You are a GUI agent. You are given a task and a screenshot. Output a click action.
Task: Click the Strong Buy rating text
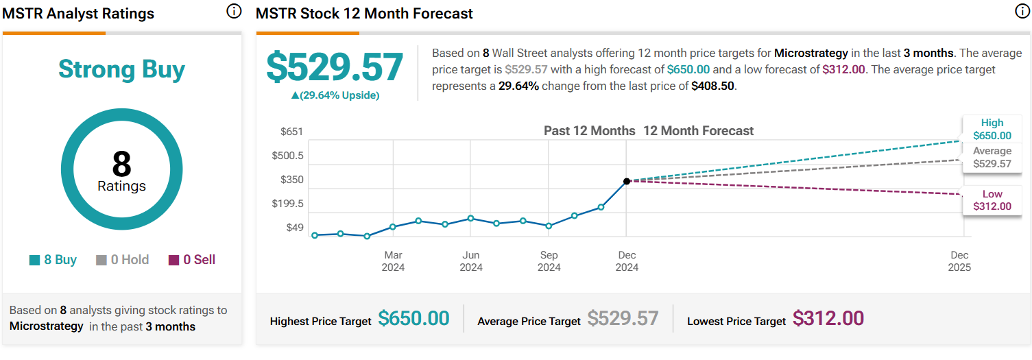tap(121, 69)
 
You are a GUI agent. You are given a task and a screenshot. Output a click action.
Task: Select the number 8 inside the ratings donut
tap(121, 164)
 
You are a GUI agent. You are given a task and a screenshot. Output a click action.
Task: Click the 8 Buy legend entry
tap(53, 260)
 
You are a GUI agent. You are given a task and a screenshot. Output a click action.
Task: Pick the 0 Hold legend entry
tap(123, 260)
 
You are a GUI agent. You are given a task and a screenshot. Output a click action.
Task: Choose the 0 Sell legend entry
tap(191, 260)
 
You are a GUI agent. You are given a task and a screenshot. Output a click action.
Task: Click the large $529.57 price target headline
tap(335, 67)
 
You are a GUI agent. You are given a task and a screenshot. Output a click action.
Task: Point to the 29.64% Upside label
tap(335, 95)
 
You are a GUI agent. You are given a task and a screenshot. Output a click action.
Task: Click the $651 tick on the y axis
tap(291, 132)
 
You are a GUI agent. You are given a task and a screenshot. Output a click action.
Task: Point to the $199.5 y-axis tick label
tap(288, 204)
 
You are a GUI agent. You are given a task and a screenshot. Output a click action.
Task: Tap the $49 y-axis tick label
tap(294, 228)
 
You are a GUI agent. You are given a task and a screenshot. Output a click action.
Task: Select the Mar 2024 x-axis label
tap(393, 261)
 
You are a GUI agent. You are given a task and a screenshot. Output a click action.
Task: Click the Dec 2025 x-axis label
tap(959, 261)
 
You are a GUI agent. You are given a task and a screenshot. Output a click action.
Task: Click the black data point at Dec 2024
tap(626, 181)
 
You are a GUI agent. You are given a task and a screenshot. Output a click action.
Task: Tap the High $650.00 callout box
tap(992, 130)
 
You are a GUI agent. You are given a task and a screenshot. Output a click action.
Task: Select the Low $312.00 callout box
tap(992, 200)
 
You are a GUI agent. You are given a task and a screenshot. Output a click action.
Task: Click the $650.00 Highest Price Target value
tap(413, 318)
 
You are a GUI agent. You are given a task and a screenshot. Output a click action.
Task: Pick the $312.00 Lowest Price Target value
tap(828, 318)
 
